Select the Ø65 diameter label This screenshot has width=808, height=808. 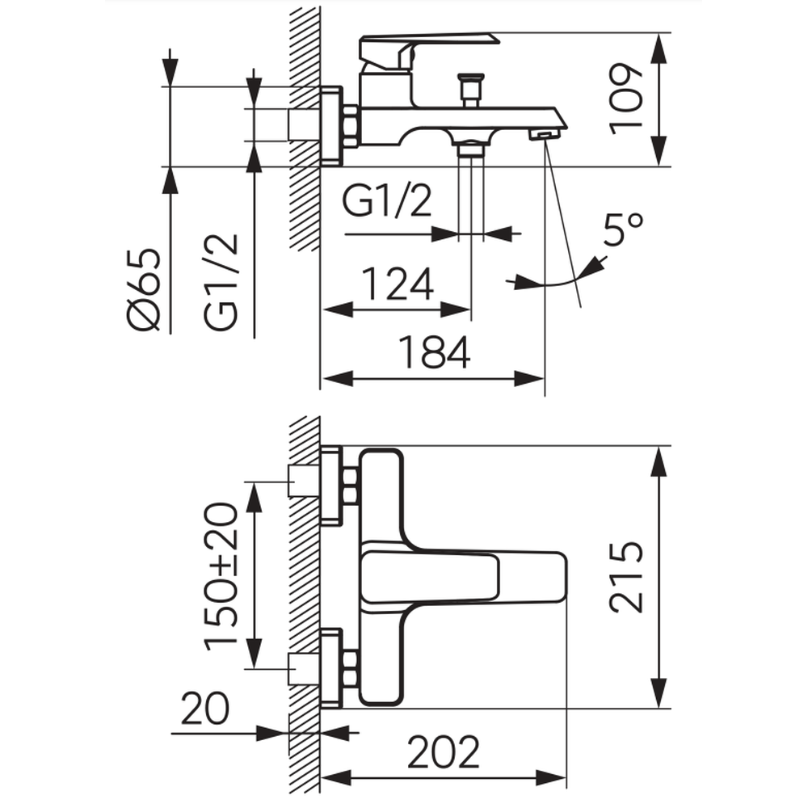[x=145, y=290]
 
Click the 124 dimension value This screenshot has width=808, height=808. [x=397, y=284]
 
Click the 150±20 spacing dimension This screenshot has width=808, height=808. [x=221, y=575]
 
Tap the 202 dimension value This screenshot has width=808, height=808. [x=444, y=753]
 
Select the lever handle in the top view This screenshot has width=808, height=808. [x=461, y=576]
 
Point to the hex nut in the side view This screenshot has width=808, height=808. [x=351, y=127]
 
